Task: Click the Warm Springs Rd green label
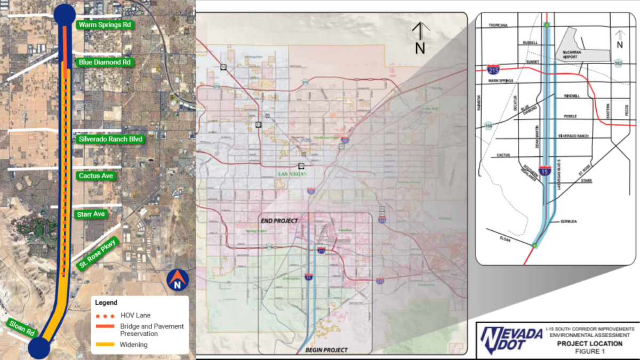(104, 25)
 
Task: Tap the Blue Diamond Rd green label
(104, 62)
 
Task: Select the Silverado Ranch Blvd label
(110, 139)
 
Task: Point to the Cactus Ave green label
(96, 175)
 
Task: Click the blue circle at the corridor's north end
(64, 13)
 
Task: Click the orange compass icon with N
(177, 280)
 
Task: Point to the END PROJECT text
(279, 220)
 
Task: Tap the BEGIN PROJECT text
(326, 350)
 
